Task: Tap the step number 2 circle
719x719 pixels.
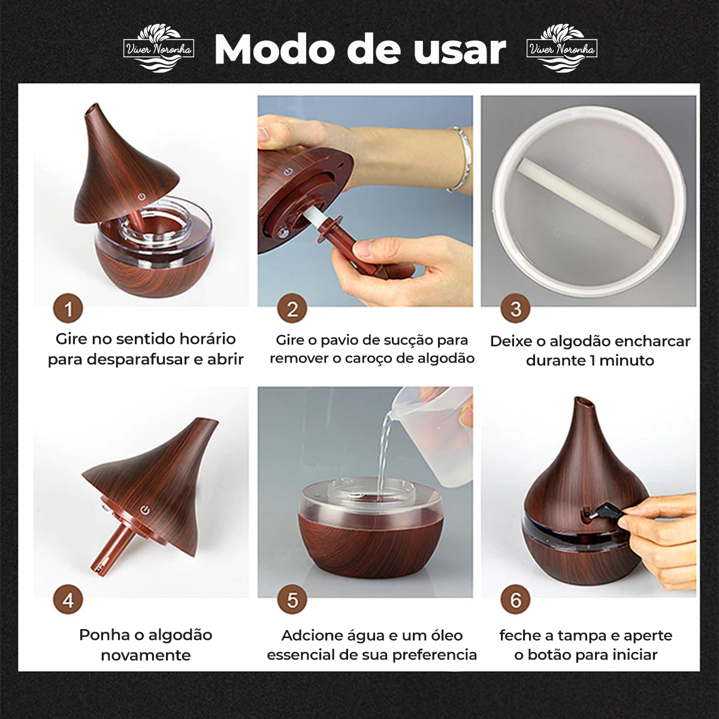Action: (x=292, y=309)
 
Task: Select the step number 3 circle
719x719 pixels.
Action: (x=515, y=309)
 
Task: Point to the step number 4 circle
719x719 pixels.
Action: (x=68, y=600)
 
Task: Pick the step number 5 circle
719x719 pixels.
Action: (x=292, y=600)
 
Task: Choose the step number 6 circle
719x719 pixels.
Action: (x=515, y=600)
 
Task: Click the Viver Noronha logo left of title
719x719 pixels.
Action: (x=159, y=49)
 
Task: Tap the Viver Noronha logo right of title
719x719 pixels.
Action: (x=561, y=49)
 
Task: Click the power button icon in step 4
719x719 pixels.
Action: (x=146, y=510)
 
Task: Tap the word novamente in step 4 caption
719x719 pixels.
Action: (x=146, y=655)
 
